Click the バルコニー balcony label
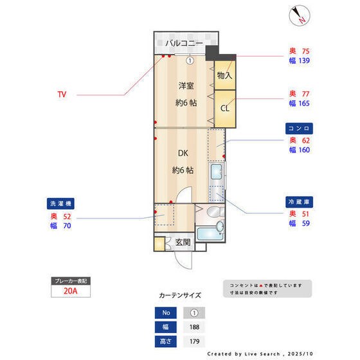point(184,44)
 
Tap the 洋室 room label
point(186,85)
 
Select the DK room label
point(183,154)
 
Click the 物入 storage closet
point(224,75)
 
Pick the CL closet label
point(224,107)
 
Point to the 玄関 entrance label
point(183,243)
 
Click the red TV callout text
point(62,94)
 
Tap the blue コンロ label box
point(299,129)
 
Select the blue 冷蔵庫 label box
point(299,202)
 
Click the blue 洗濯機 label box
point(62,203)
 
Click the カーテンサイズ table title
point(179,296)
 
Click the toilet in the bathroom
point(215,213)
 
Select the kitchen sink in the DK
point(217,172)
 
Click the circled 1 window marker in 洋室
point(190,61)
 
